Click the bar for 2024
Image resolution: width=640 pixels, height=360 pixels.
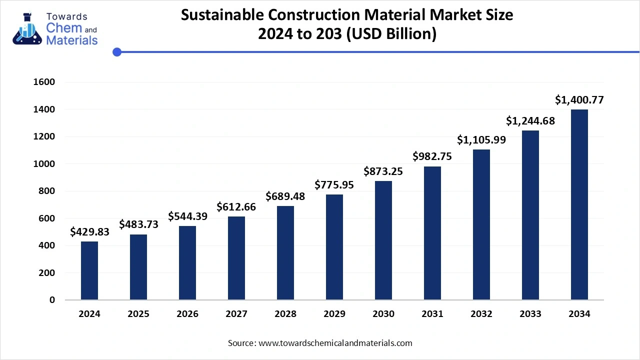[89, 270]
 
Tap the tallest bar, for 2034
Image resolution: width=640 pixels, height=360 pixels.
[579, 204]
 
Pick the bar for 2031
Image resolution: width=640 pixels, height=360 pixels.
[432, 233]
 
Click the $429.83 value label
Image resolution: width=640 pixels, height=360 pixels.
[89, 231]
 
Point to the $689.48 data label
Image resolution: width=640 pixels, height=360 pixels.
[285, 196]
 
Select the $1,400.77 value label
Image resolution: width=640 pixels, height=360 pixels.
[579, 100]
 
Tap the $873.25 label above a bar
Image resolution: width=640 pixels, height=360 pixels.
[383, 171]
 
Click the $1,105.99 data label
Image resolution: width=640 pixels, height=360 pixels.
[481, 140]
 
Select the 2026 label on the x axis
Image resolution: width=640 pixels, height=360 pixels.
[187, 314]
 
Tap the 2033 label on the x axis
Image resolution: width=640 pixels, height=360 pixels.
[530, 314]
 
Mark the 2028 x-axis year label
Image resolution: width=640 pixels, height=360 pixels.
[285, 314]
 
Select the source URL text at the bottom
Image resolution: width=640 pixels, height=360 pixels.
[334, 343]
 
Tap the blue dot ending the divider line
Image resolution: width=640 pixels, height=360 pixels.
[117, 51]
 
